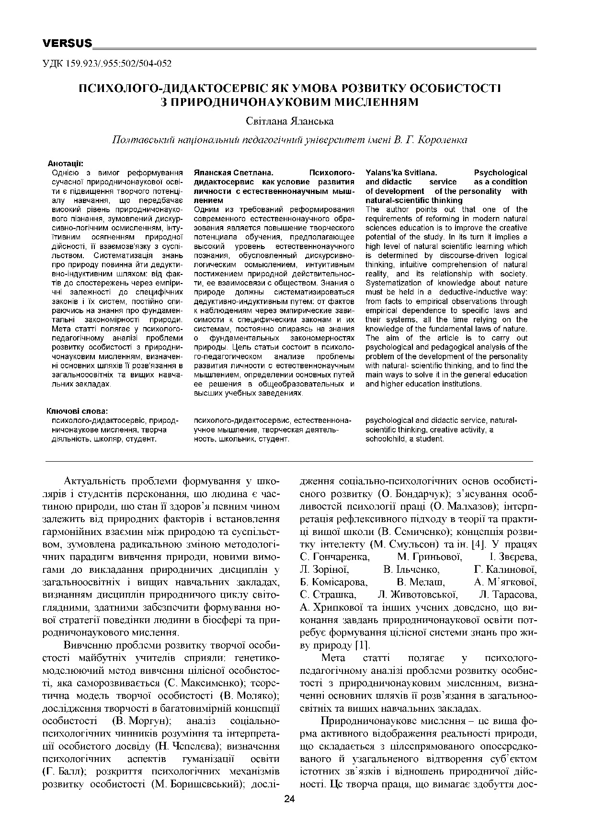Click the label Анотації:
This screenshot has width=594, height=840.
click(67, 163)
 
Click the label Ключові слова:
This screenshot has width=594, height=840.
click(77, 411)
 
